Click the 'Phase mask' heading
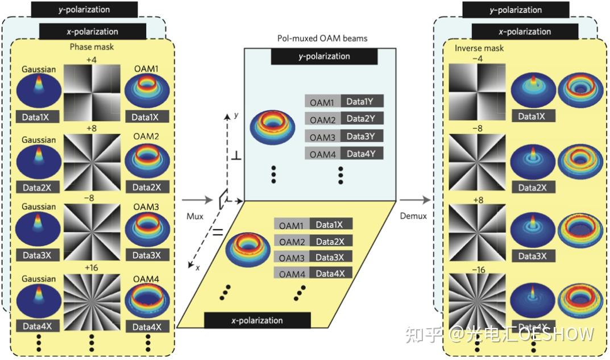point(92,47)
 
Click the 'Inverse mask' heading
point(479,48)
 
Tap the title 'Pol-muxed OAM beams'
point(322,38)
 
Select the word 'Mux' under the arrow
point(195,216)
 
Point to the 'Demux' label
point(413,216)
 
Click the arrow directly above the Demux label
point(414,200)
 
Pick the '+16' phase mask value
point(92,268)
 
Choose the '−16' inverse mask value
point(479,270)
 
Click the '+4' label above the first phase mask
point(92,60)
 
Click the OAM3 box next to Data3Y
point(322,137)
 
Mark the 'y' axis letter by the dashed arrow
point(236,115)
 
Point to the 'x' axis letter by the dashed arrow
point(198,267)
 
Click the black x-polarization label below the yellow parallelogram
point(257,320)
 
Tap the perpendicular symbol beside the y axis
point(236,156)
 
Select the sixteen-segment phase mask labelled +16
point(92,302)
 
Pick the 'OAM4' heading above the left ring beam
point(146,279)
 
